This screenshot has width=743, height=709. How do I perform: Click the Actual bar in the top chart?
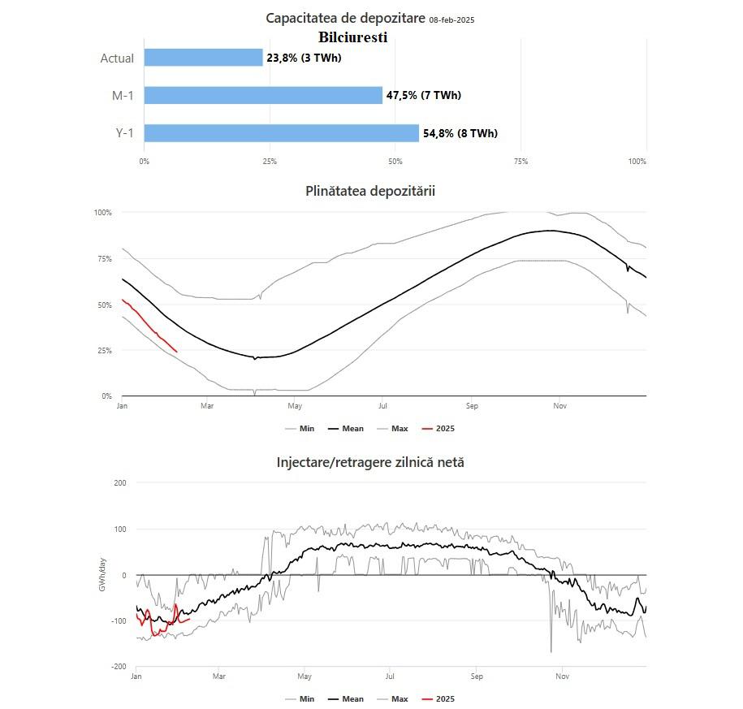click(x=203, y=58)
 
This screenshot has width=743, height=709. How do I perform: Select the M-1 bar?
click(x=263, y=95)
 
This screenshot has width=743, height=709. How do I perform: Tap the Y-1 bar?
click(x=281, y=133)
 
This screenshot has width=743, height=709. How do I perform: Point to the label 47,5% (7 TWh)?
click(x=423, y=95)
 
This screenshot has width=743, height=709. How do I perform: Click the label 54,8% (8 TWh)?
click(x=460, y=133)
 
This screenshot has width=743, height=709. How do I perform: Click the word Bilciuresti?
click(x=353, y=37)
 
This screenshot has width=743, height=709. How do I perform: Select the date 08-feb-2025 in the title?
click(x=451, y=19)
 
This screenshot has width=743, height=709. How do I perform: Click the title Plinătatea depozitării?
click(x=370, y=191)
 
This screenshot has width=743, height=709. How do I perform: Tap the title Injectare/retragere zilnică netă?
click(x=370, y=462)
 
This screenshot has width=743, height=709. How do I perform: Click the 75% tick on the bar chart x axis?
click(x=521, y=162)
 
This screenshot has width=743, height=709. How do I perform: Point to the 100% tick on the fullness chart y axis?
click(x=102, y=213)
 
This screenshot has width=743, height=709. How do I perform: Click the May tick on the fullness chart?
click(x=294, y=405)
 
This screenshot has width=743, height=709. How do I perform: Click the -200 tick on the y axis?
click(x=119, y=667)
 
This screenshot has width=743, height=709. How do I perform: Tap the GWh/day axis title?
click(x=102, y=574)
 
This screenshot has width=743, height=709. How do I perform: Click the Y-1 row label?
click(x=124, y=133)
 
